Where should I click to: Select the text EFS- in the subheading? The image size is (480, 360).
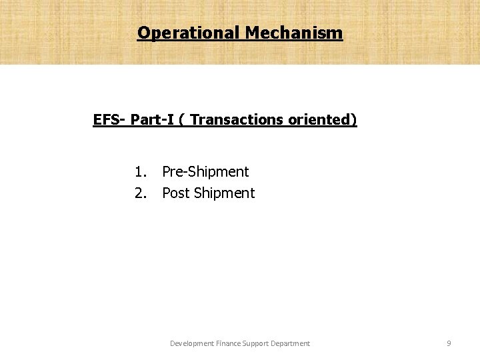[110, 120]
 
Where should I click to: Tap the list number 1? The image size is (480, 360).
[140, 172]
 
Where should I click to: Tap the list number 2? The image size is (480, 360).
[140, 193]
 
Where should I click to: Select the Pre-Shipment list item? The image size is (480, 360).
[205, 172]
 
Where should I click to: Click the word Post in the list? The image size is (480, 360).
[176, 193]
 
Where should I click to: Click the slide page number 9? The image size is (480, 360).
[449, 343]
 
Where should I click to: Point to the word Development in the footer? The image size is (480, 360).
[192, 343]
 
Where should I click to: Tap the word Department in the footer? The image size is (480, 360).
[293, 343]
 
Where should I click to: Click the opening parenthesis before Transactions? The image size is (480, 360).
[183, 120]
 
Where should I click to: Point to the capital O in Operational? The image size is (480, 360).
[143, 32]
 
